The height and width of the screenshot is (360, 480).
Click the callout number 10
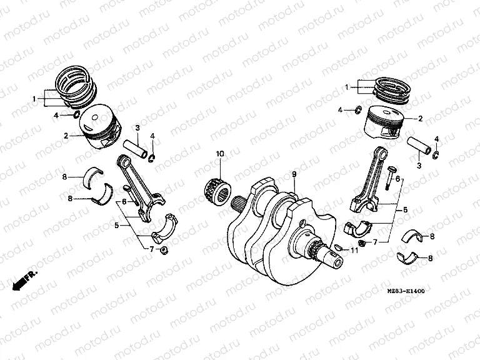coord(219,153)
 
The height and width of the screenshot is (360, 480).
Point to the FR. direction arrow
coord(26,277)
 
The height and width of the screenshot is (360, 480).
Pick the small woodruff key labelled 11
coord(338,248)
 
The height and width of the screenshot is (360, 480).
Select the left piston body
coord(101,128)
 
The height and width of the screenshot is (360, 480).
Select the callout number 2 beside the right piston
coord(421,118)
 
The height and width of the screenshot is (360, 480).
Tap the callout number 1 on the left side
coord(35,99)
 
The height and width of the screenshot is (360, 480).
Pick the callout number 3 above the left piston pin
coord(137,128)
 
